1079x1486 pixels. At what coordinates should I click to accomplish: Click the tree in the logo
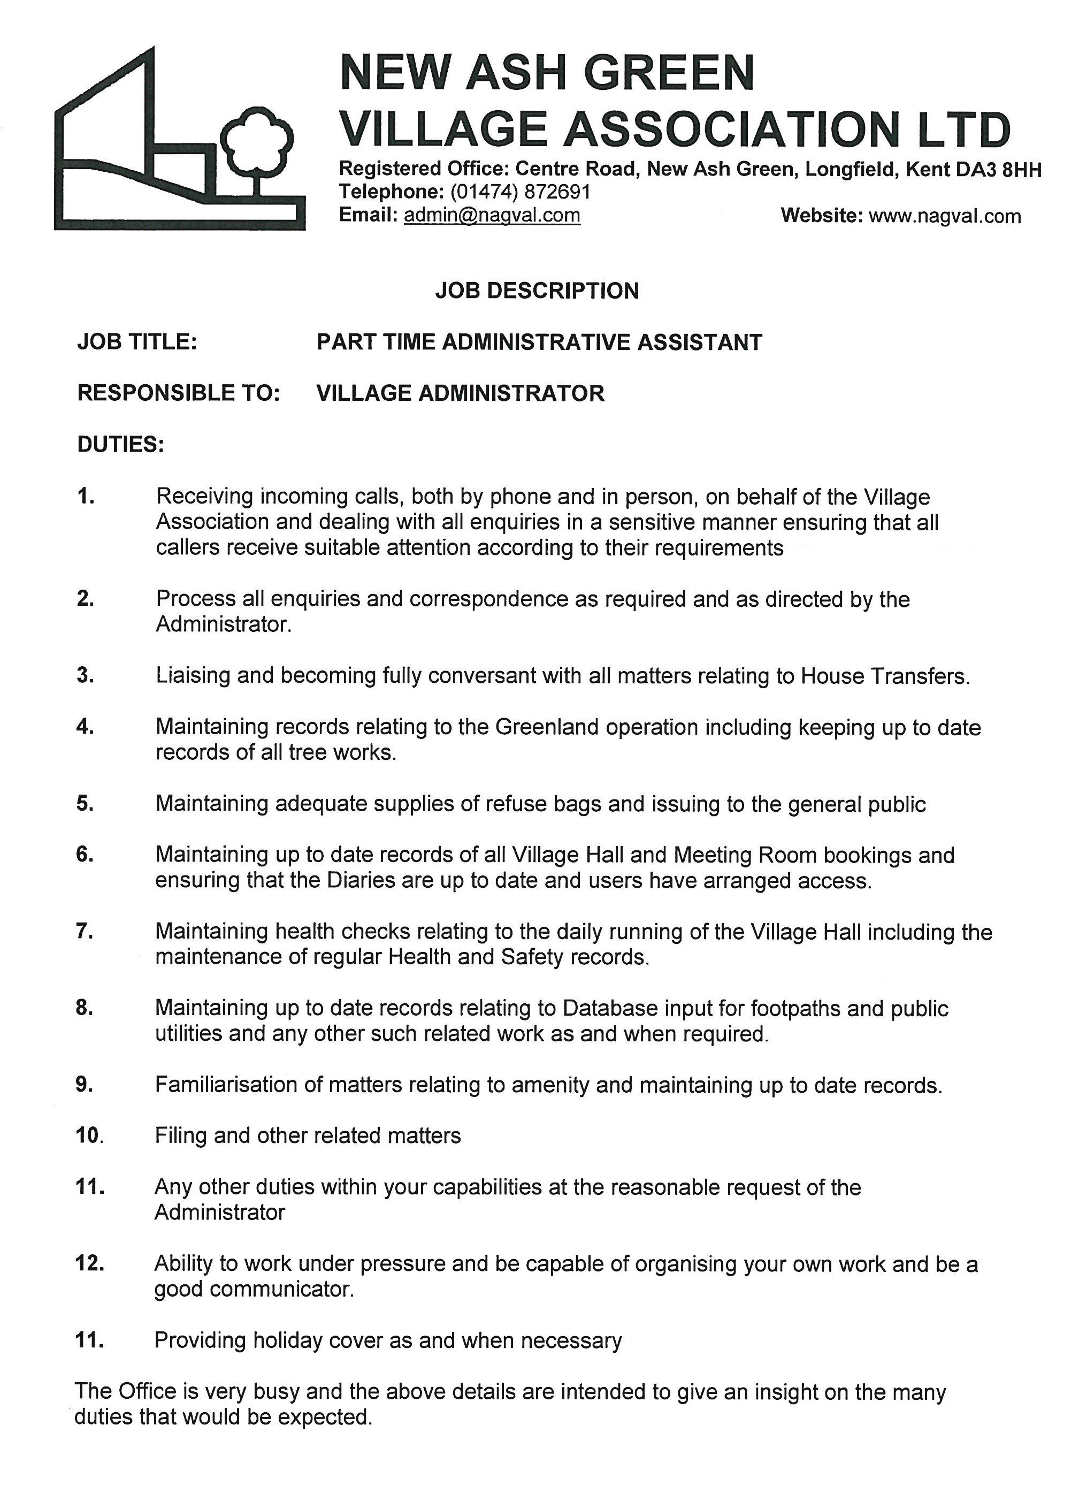tap(256, 144)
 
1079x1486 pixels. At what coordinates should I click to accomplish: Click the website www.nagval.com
tap(944, 216)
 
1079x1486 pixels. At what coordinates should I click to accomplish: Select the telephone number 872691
tap(557, 192)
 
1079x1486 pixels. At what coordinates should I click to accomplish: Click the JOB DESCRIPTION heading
tap(537, 291)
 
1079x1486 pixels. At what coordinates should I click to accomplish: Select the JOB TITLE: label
tap(137, 342)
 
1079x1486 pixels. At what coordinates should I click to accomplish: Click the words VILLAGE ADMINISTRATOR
tap(460, 393)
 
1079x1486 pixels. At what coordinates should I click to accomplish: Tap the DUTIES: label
tap(120, 444)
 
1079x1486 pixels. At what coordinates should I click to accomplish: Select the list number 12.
tap(90, 1263)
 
